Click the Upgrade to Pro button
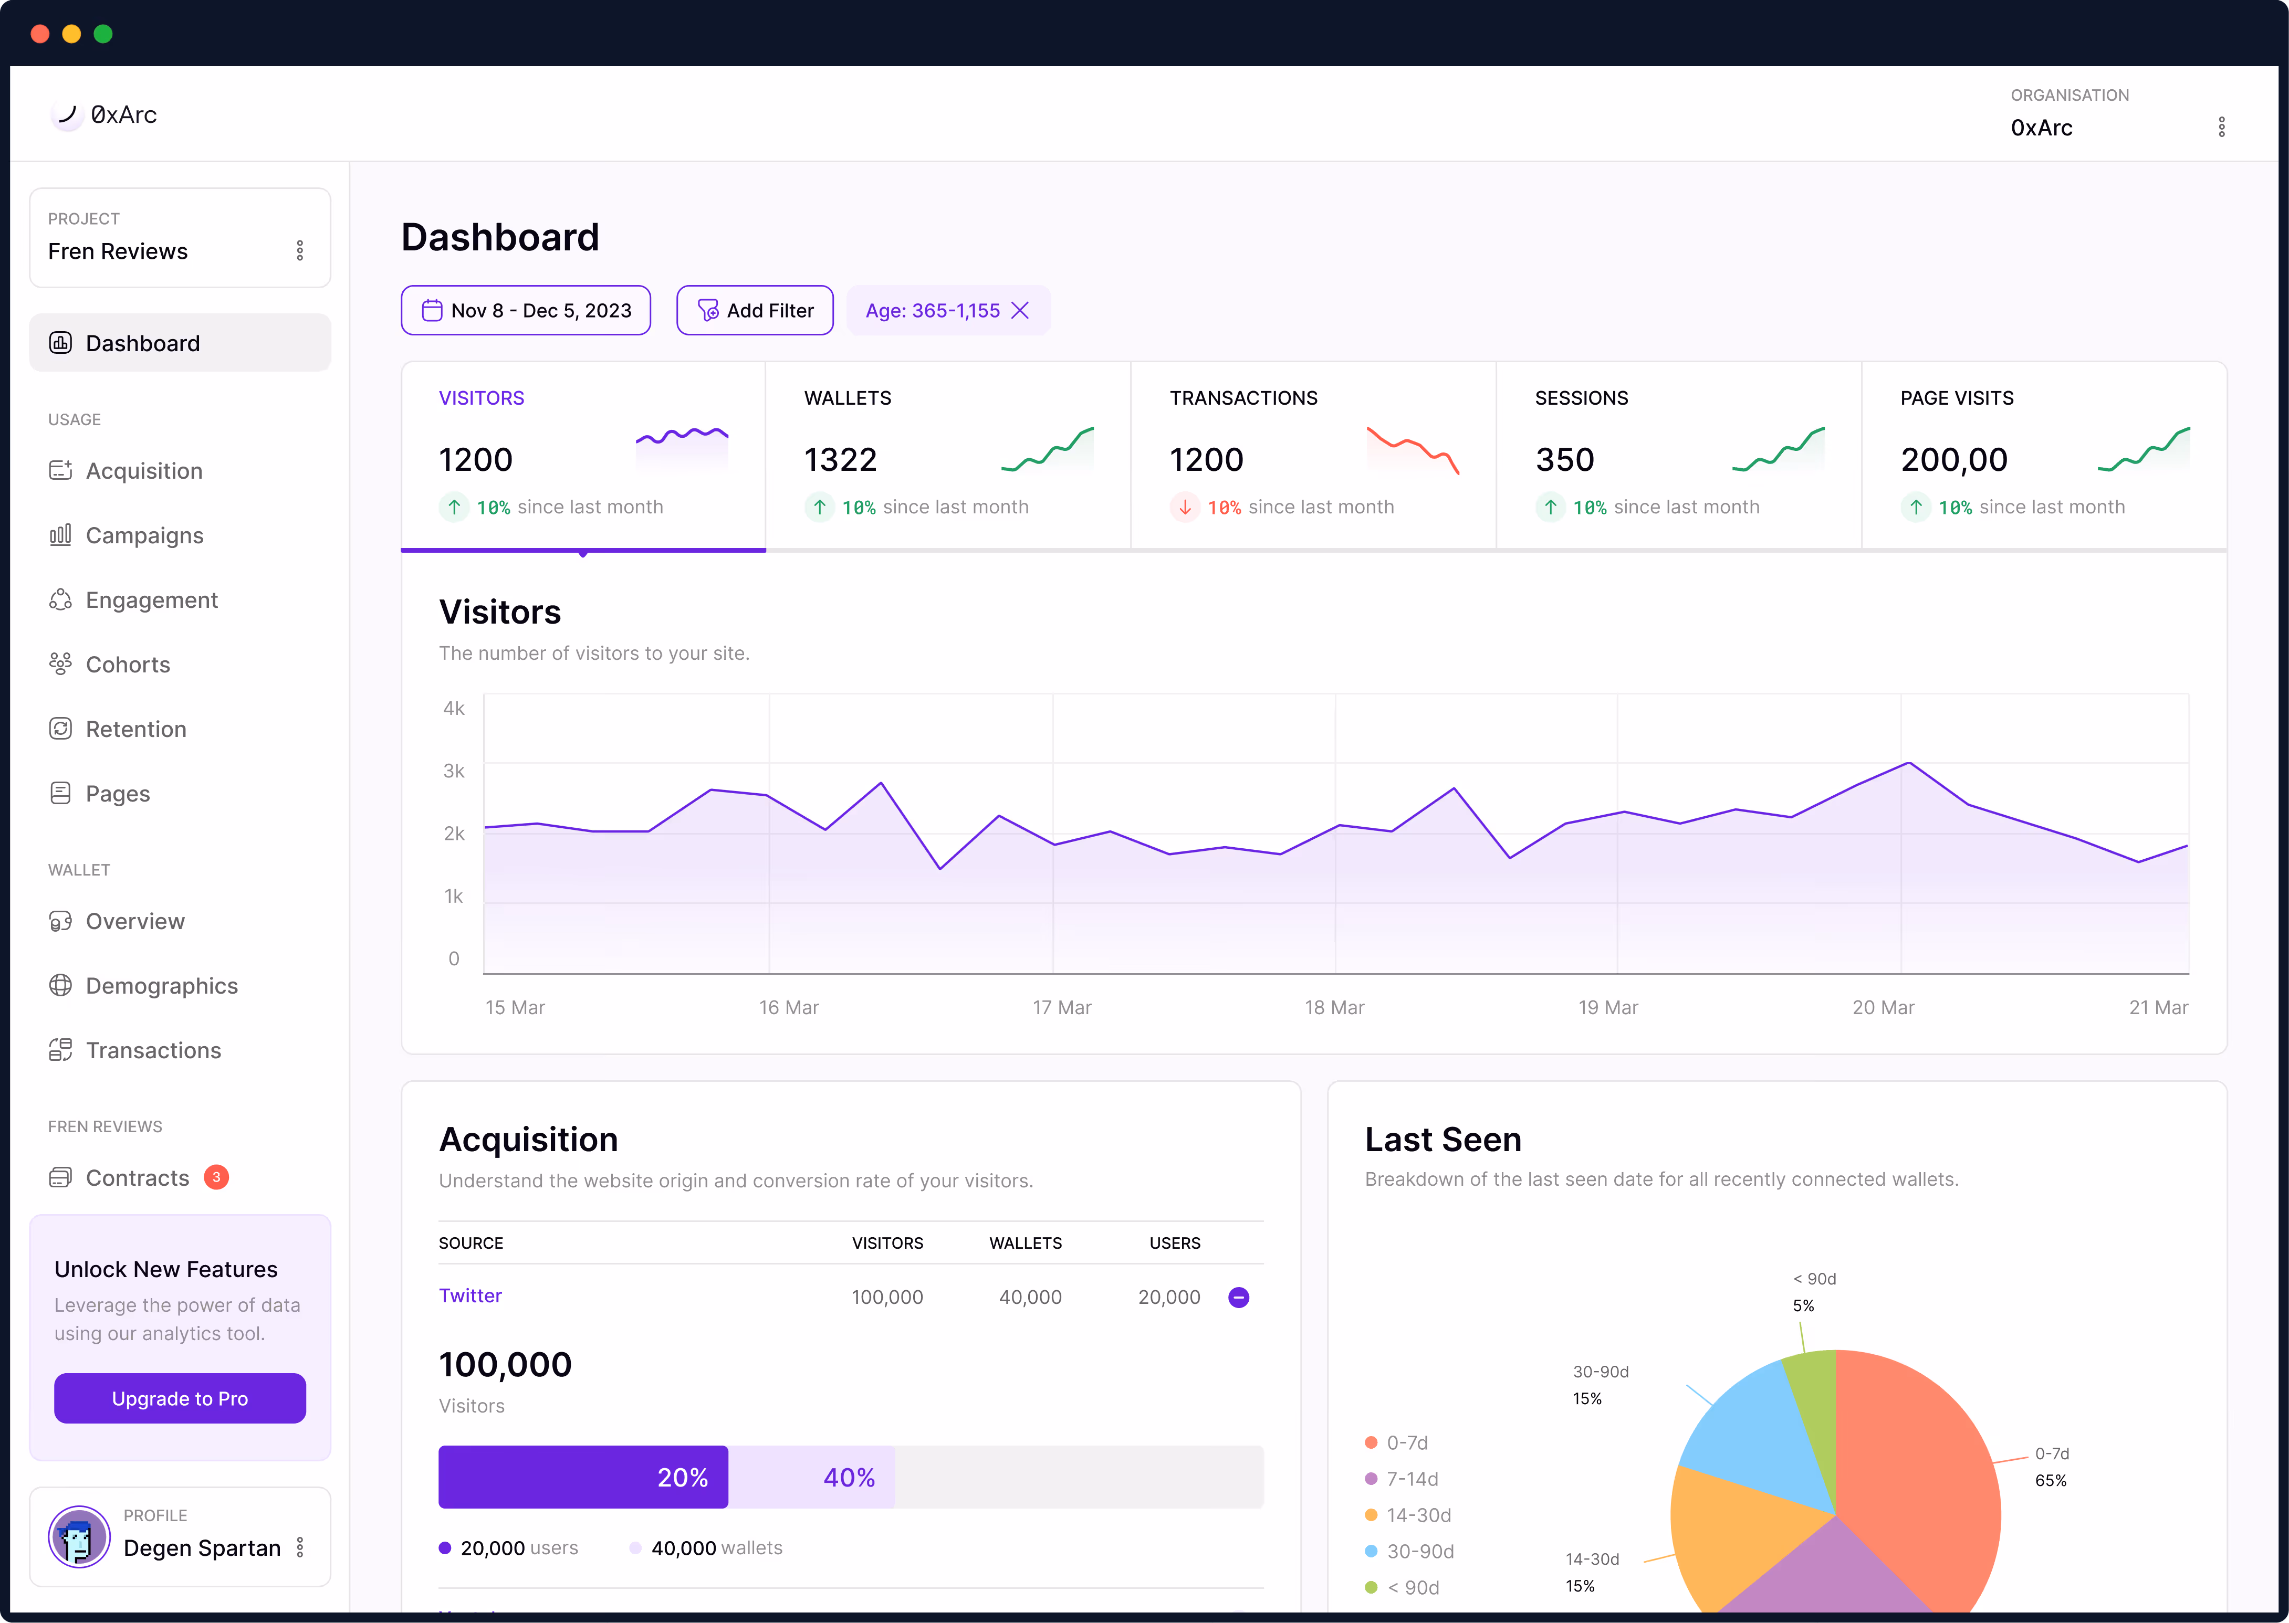(180, 1398)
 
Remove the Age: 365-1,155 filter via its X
(1020, 311)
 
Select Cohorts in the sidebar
(128, 665)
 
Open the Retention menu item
(136, 730)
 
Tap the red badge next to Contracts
(216, 1177)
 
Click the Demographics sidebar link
(162, 986)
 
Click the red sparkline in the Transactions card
(1413, 450)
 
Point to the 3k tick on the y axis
(454, 771)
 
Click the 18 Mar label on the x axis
(1334, 1007)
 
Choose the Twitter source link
(470, 1296)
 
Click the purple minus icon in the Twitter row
(1238, 1297)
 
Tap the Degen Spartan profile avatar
(79, 1537)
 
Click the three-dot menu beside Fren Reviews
(300, 251)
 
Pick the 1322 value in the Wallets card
(840, 460)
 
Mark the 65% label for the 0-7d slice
(2050, 1480)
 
